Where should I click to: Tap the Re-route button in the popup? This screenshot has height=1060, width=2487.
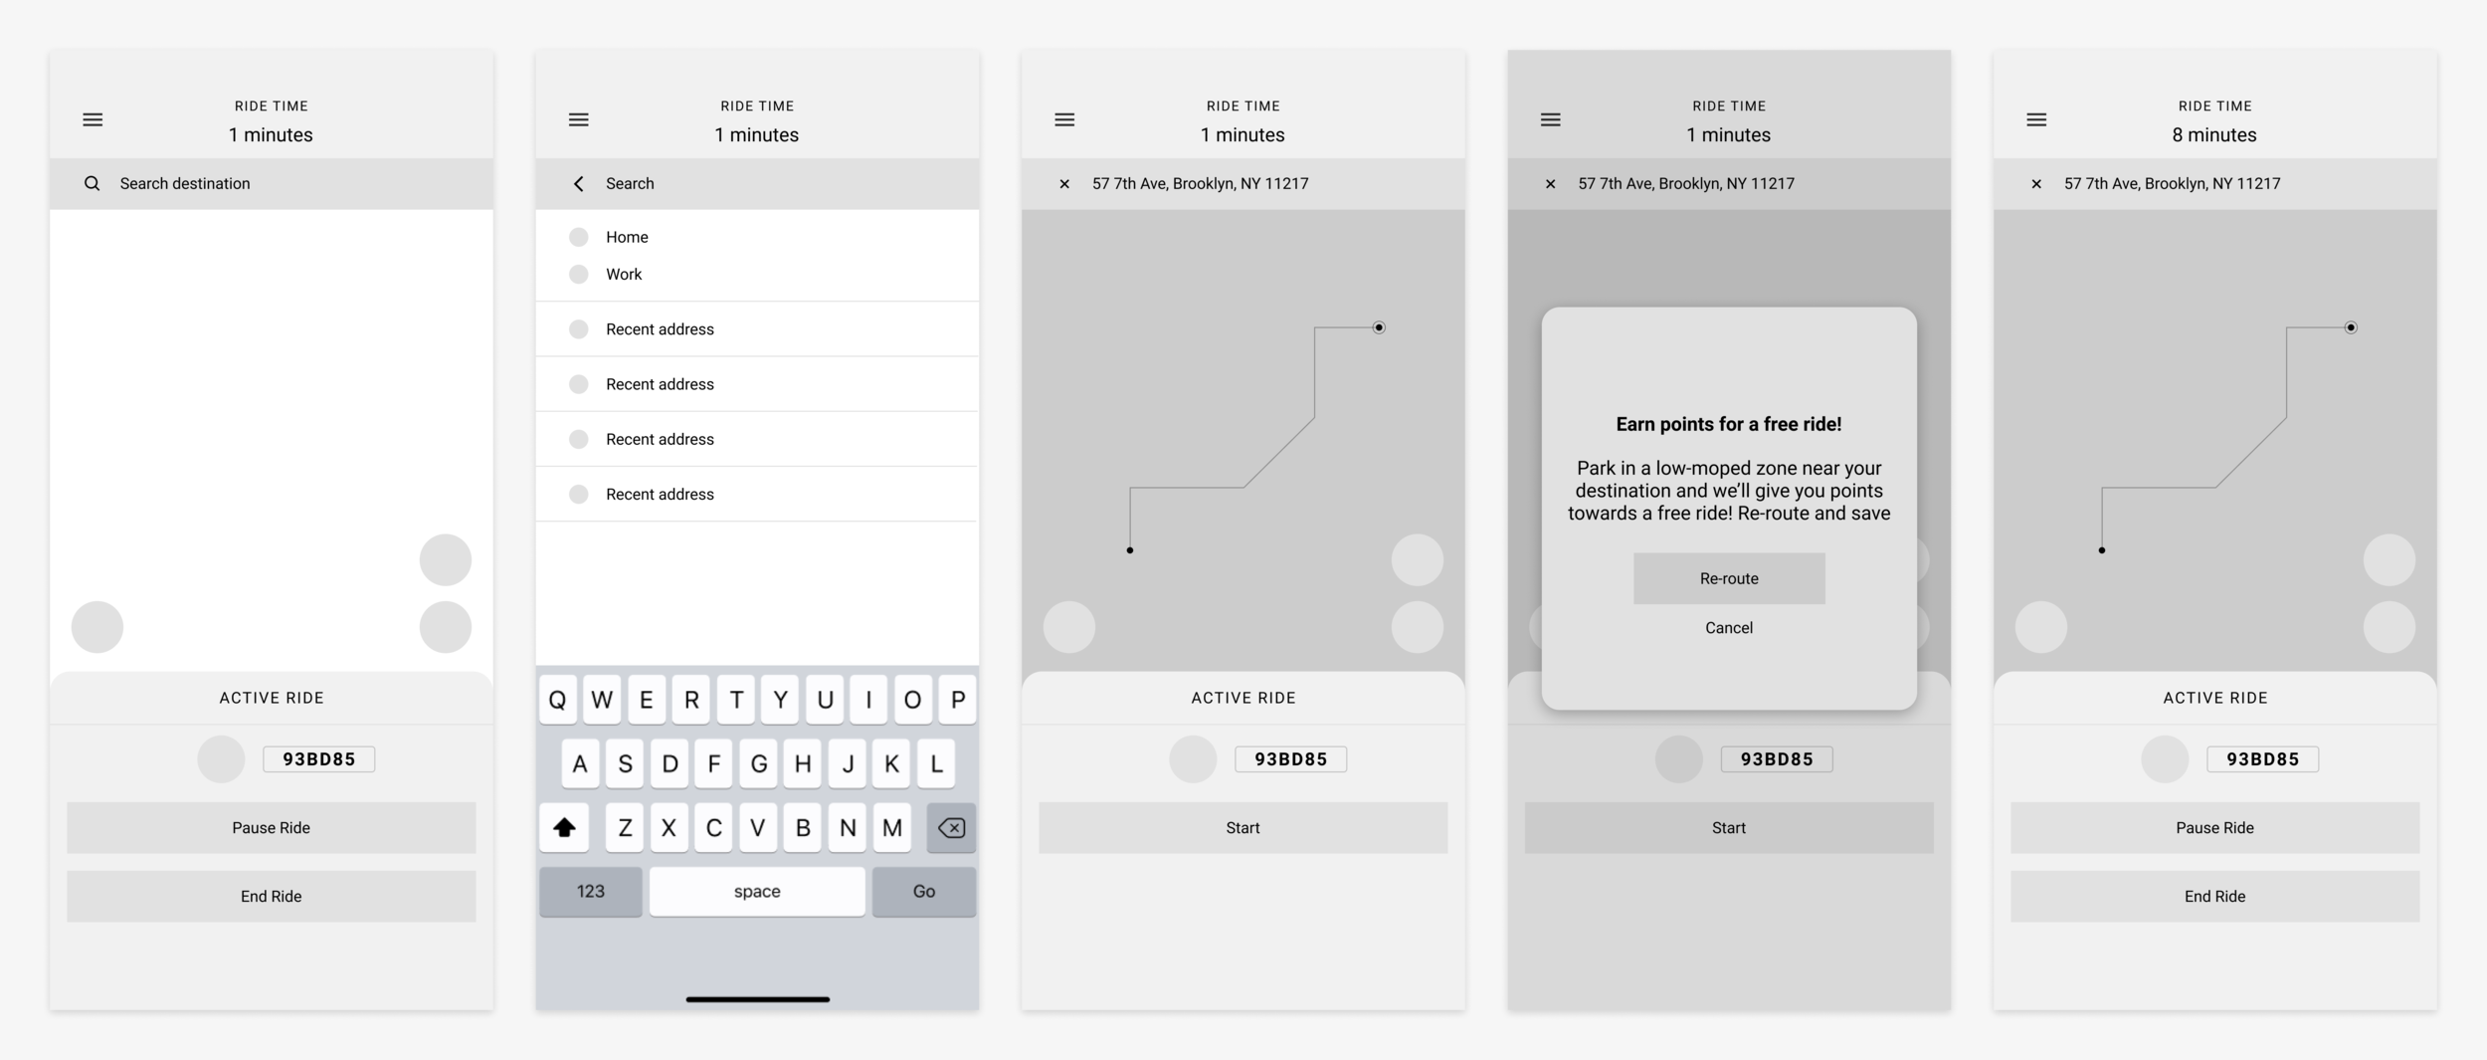click(1728, 578)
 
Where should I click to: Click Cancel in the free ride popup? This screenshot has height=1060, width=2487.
click(1728, 628)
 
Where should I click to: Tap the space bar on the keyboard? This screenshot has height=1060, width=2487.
click(757, 891)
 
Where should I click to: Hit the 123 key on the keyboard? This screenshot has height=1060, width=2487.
click(590, 891)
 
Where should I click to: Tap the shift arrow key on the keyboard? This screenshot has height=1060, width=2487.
click(564, 827)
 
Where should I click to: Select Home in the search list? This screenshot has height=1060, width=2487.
click(627, 237)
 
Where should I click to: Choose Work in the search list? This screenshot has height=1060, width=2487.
click(624, 274)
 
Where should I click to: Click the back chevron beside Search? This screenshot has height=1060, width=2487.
click(579, 183)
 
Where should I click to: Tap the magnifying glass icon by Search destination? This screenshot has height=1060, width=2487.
click(92, 183)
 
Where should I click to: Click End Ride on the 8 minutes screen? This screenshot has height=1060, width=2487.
click(2214, 896)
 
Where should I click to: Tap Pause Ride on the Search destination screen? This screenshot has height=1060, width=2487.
click(271, 827)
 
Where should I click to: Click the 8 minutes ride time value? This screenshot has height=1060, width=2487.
click(2214, 134)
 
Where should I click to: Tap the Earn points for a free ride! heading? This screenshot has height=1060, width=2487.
click(1728, 424)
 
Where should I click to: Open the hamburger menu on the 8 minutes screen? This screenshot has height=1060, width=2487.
click(2036, 119)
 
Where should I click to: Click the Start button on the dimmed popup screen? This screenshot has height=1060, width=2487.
click(1728, 827)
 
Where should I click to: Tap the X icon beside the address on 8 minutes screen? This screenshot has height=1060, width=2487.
click(2036, 183)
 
